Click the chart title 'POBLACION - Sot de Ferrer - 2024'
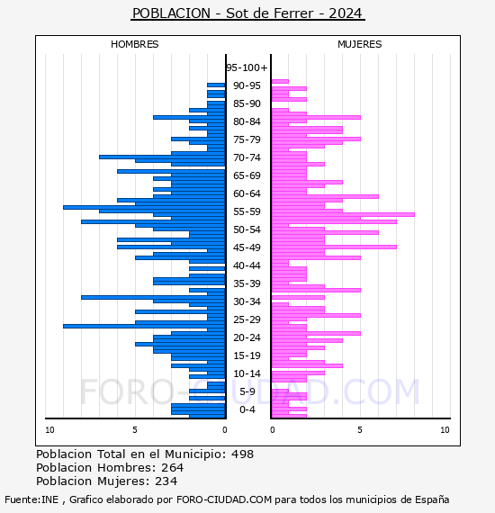click(x=247, y=13)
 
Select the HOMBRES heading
click(x=134, y=44)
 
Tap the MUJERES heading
click(x=360, y=44)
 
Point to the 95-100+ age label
click(x=247, y=67)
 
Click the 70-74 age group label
click(x=247, y=157)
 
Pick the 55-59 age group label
click(x=247, y=211)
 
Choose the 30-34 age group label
click(x=247, y=301)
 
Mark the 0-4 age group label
click(x=247, y=409)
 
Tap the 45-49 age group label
click(x=247, y=247)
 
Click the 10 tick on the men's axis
click(x=49, y=429)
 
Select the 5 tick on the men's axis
click(x=135, y=429)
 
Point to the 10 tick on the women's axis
click(x=445, y=429)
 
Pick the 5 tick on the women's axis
click(x=360, y=429)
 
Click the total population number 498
click(x=242, y=454)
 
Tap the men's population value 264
click(x=173, y=467)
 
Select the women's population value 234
click(x=166, y=481)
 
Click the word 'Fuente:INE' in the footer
click(x=31, y=499)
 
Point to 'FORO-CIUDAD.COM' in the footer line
click(x=224, y=499)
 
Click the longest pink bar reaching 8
click(x=343, y=214)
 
